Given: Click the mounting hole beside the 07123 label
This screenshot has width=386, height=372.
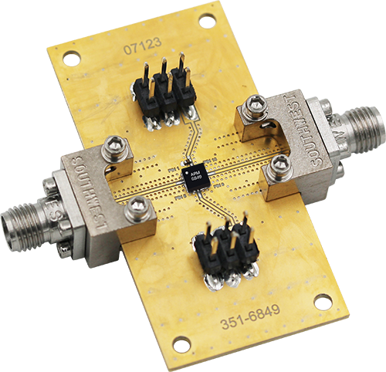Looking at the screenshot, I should tap(71, 56).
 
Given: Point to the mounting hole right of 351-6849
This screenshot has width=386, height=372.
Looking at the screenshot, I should tap(323, 302).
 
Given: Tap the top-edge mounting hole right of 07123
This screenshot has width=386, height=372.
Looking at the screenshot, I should tap(207, 21).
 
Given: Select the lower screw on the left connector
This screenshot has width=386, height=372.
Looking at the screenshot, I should tap(138, 206).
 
